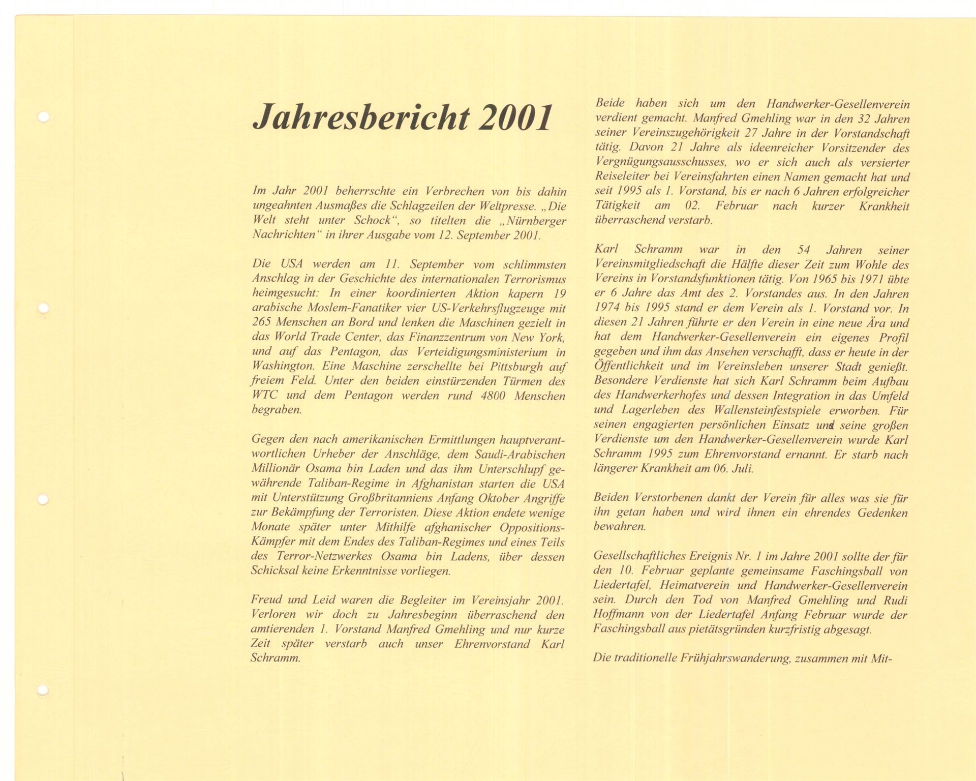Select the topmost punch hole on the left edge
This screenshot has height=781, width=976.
pos(44,117)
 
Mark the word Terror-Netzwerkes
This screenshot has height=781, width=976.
pos(325,557)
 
